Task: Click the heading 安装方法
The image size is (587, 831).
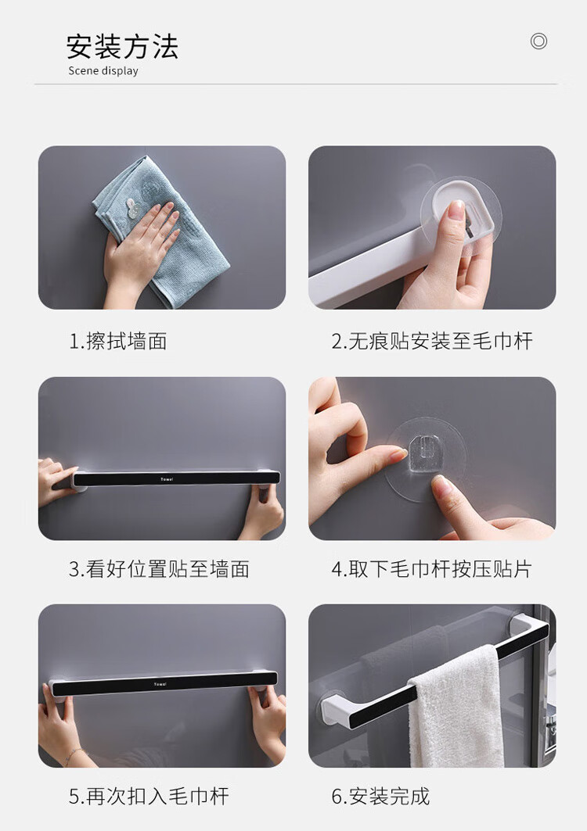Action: [122, 47]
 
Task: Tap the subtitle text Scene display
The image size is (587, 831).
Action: [103, 71]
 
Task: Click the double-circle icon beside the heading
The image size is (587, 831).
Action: [538, 41]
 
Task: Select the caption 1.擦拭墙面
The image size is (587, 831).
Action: [118, 342]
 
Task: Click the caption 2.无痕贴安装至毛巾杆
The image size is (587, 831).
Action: [432, 342]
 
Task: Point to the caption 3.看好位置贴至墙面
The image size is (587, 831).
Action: [159, 569]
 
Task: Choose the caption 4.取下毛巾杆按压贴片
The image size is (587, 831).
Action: [431, 569]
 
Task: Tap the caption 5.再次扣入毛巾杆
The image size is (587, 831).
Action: [149, 797]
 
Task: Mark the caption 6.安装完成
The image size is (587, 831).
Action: [380, 797]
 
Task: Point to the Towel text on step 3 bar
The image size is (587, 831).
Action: [167, 479]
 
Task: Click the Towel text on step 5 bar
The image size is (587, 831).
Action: [160, 684]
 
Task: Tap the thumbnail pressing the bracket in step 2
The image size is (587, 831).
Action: [455, 209]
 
